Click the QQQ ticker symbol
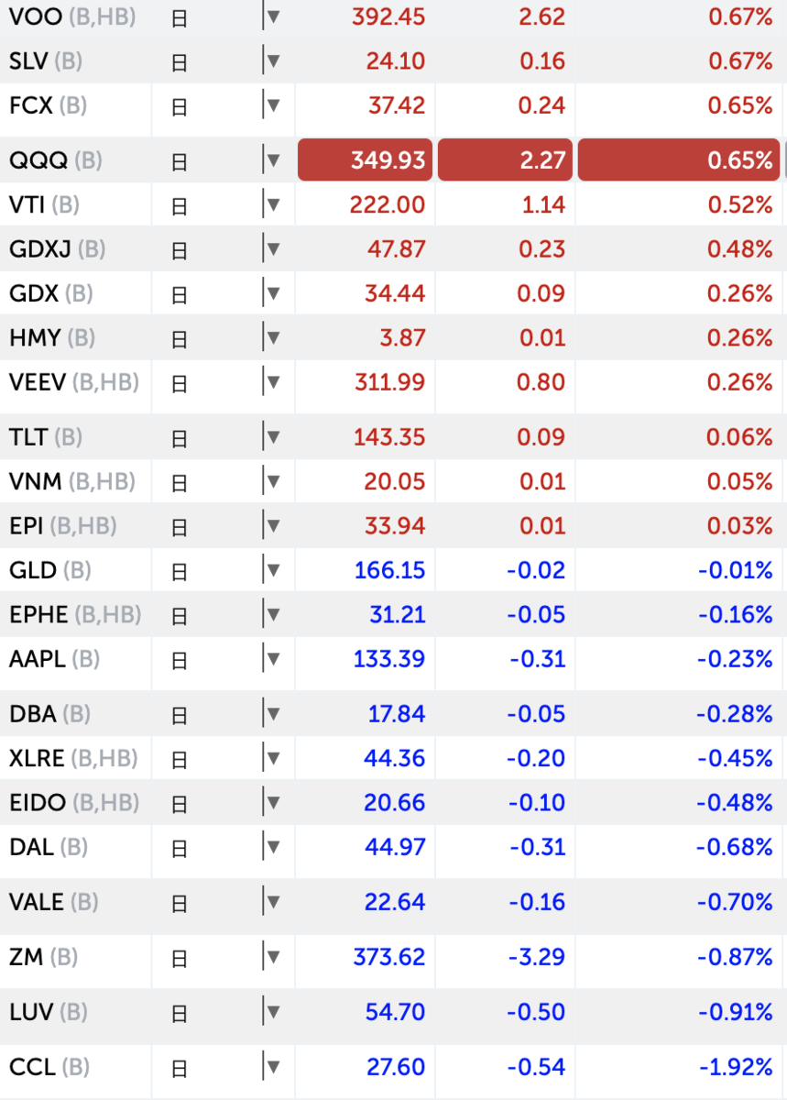(x=38, y=160)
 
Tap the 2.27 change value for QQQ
(x=505, y=160)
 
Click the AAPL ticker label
(x=38, y=659)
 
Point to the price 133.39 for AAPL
(x=389, y=659)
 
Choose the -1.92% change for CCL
(x=735, y=1067)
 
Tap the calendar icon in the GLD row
(x=180, y=571)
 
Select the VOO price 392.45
(x=388, y=16)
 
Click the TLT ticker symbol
(x=28, y=437)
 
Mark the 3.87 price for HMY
(x=403, y=338)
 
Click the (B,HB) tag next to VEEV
(x=105, y=382)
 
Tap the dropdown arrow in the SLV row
(x=272, y=61)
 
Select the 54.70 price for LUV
(x=396, y=1013)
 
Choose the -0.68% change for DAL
(x=735, y=847)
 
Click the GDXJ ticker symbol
(x=40, y=249)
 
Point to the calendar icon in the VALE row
(x=180, y=904)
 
